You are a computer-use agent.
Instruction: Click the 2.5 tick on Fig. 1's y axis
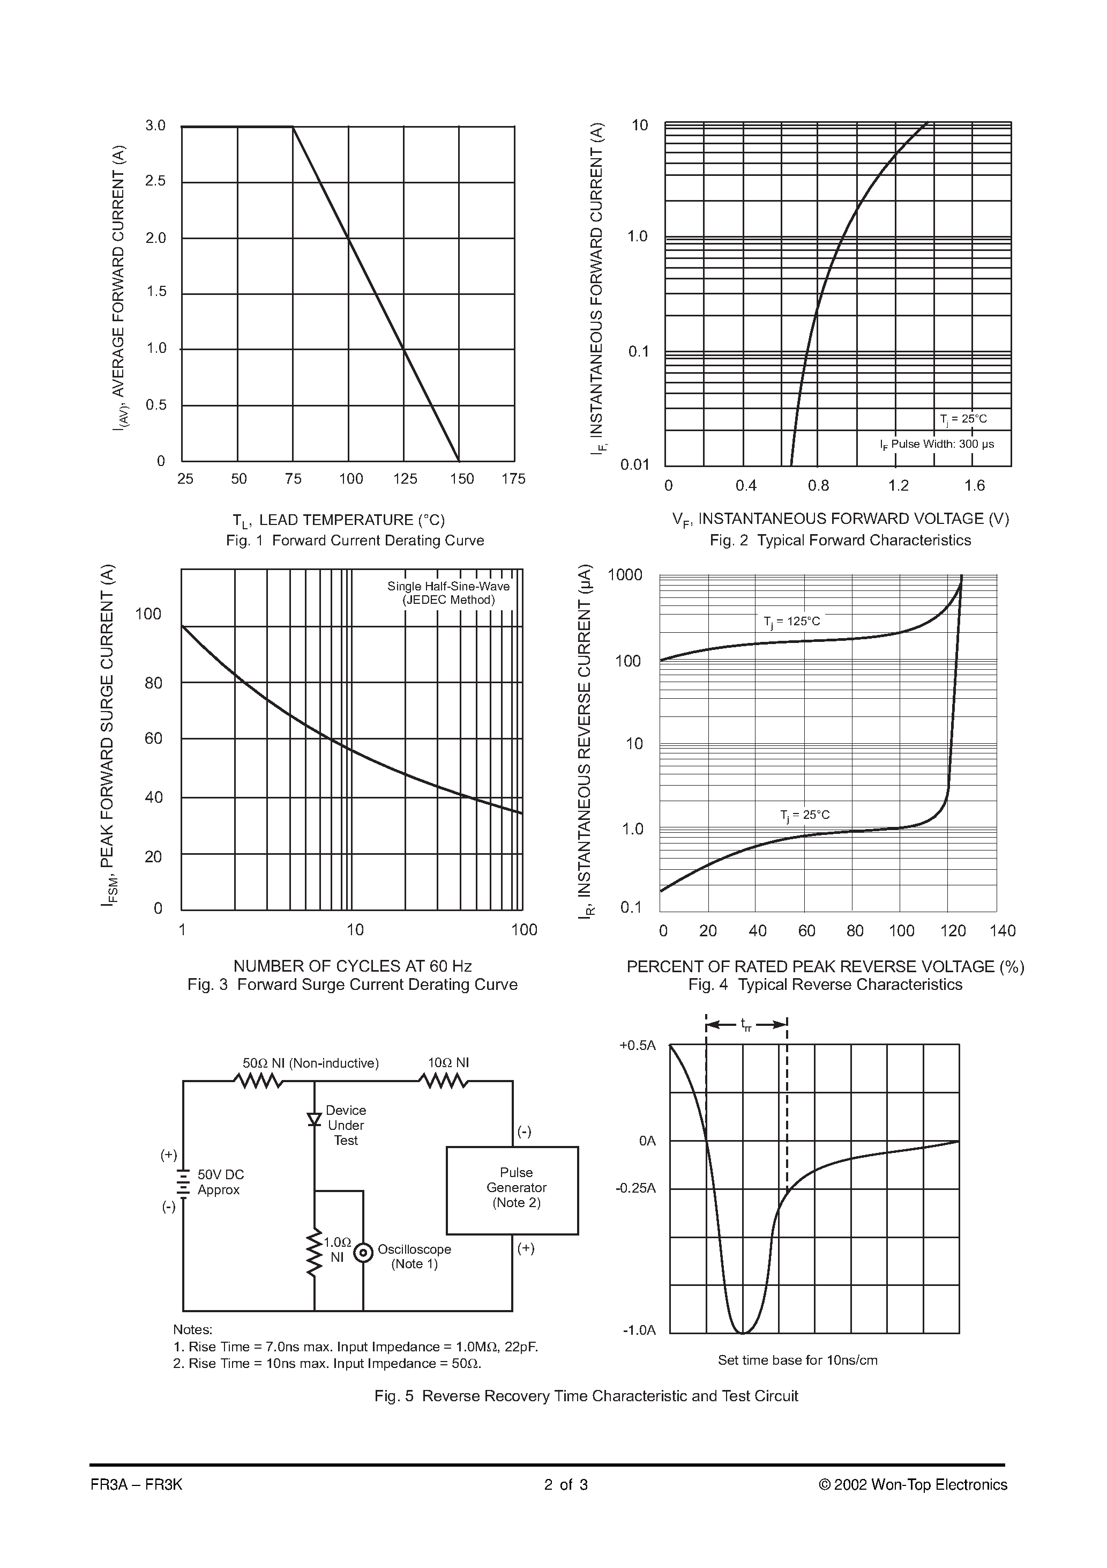click(155, 181)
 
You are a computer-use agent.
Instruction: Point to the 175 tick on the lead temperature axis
click(513, 479)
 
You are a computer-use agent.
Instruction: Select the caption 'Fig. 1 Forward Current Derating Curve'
click(355, 540)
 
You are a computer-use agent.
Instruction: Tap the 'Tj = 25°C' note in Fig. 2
click(963, 419)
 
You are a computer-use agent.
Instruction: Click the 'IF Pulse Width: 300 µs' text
click(937, 445)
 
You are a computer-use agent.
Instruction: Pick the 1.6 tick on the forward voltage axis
click(975, 485)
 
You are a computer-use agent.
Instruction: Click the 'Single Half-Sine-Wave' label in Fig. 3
click(448, 586)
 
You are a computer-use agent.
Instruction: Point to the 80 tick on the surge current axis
click(154, 683)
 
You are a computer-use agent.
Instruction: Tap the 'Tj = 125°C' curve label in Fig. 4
click(792, 622)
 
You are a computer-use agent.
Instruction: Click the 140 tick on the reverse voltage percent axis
click(1003, 931)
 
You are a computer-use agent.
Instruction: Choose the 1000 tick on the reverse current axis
click(625, 575)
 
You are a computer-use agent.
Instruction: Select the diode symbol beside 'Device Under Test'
click(314, 1119)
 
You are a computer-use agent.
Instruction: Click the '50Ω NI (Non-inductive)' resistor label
click(311, 1063)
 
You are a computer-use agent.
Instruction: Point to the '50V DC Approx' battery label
click(220, 1181)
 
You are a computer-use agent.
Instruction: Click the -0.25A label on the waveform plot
click(635, 1188)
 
